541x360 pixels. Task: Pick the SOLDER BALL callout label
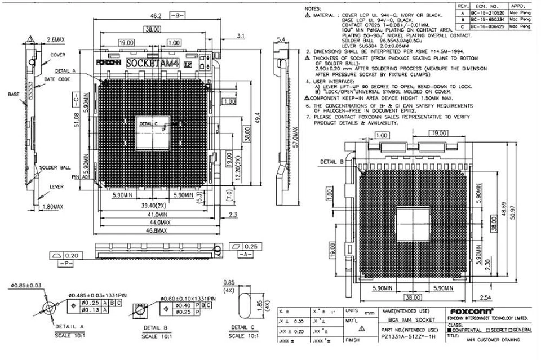click(55, 168)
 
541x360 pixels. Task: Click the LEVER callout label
click(56, 186)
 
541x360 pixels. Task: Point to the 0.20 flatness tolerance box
click(76, 255)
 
